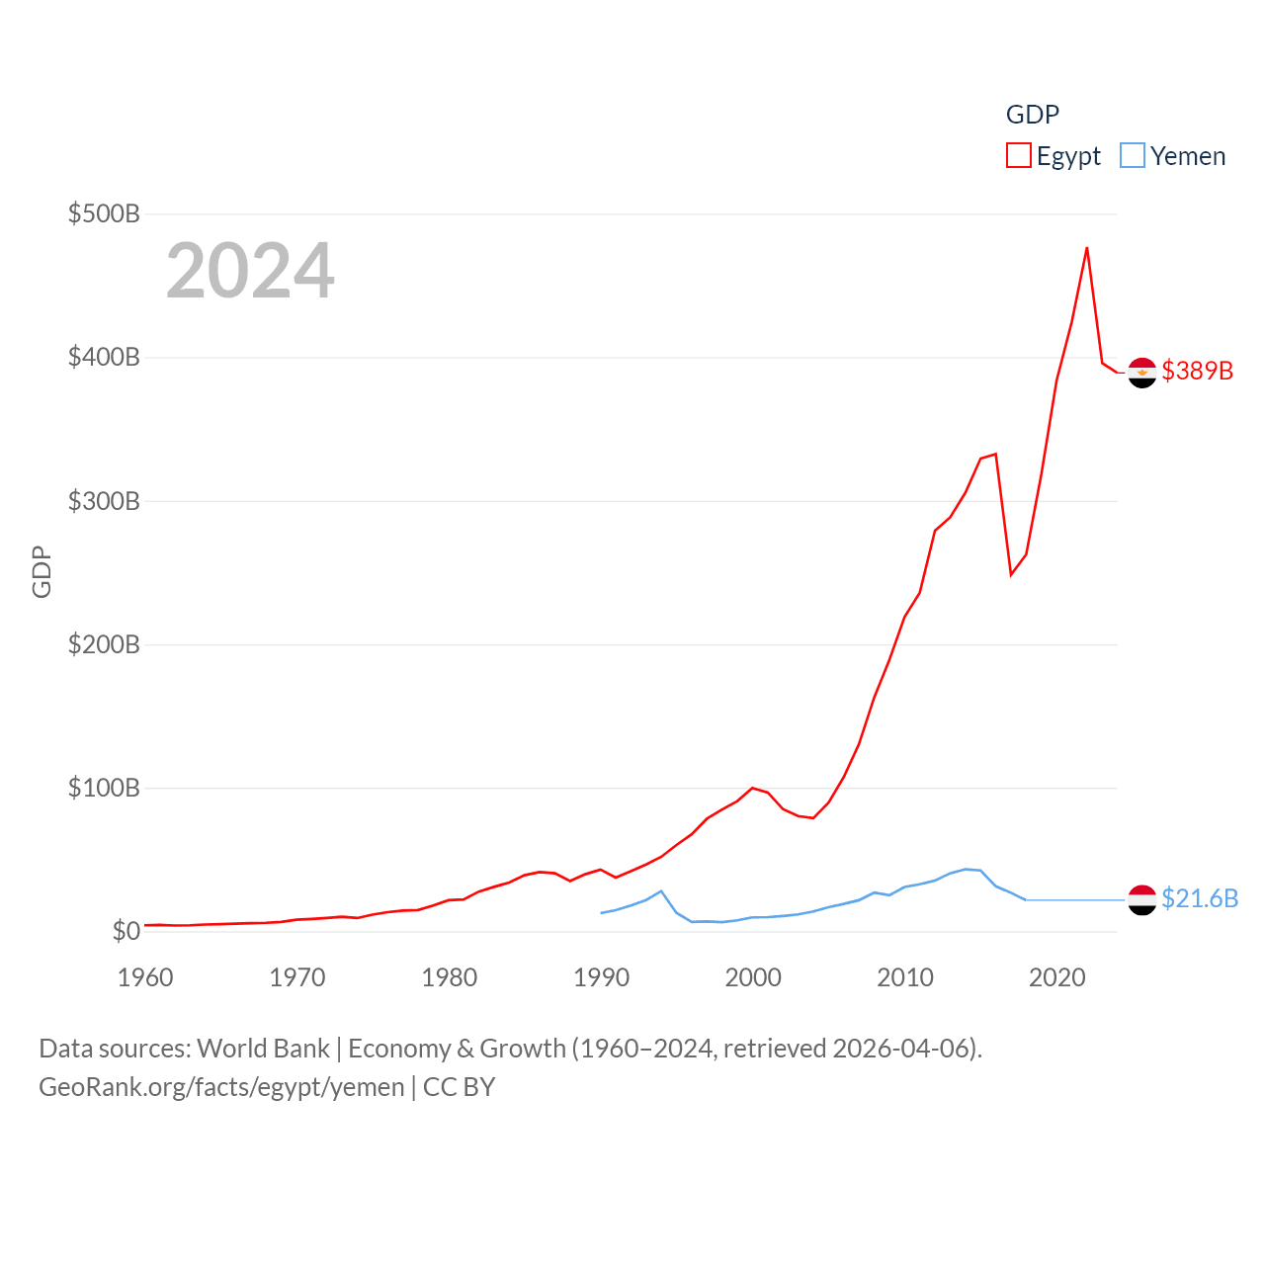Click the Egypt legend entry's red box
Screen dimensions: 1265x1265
(1019, 156)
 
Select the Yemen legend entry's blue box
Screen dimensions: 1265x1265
(1133, 156)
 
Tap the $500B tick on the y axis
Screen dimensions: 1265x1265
(104, 213)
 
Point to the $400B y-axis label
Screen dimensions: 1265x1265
(104, 357)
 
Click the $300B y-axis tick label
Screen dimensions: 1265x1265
(104, 501)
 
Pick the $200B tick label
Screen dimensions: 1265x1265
(104, 644)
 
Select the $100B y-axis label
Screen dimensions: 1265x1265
(104, 788)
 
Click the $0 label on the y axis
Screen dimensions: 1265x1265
(126, 931)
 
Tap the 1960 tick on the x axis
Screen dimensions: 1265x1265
(145, 977)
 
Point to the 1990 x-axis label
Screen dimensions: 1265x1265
(601, 977)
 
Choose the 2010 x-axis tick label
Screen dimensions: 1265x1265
(905, 977)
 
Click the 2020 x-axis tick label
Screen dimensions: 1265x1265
(1057, 977)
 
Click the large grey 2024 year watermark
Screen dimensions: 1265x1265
(250, 271)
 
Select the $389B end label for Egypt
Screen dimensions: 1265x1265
(1198, 371)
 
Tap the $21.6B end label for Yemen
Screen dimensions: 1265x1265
(1200, 898)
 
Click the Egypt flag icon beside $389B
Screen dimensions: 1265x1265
(1142, 373)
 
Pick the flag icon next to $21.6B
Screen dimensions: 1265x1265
(1142, 899)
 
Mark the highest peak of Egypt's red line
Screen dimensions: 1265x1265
(1087, 247)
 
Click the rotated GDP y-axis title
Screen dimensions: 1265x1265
(42, 571)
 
